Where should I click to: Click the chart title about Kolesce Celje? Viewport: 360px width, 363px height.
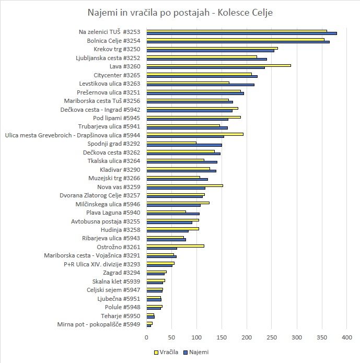[180, 12]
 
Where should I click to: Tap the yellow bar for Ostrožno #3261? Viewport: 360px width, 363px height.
[175, 245]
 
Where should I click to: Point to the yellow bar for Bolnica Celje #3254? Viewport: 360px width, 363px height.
[235, 39]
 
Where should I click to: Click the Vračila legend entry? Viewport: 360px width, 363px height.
[167, 352]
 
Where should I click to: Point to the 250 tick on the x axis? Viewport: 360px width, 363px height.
[272, 338]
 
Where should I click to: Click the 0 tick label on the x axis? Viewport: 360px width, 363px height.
[147, 338]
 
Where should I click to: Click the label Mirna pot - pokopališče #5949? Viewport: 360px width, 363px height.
[99, 324]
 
